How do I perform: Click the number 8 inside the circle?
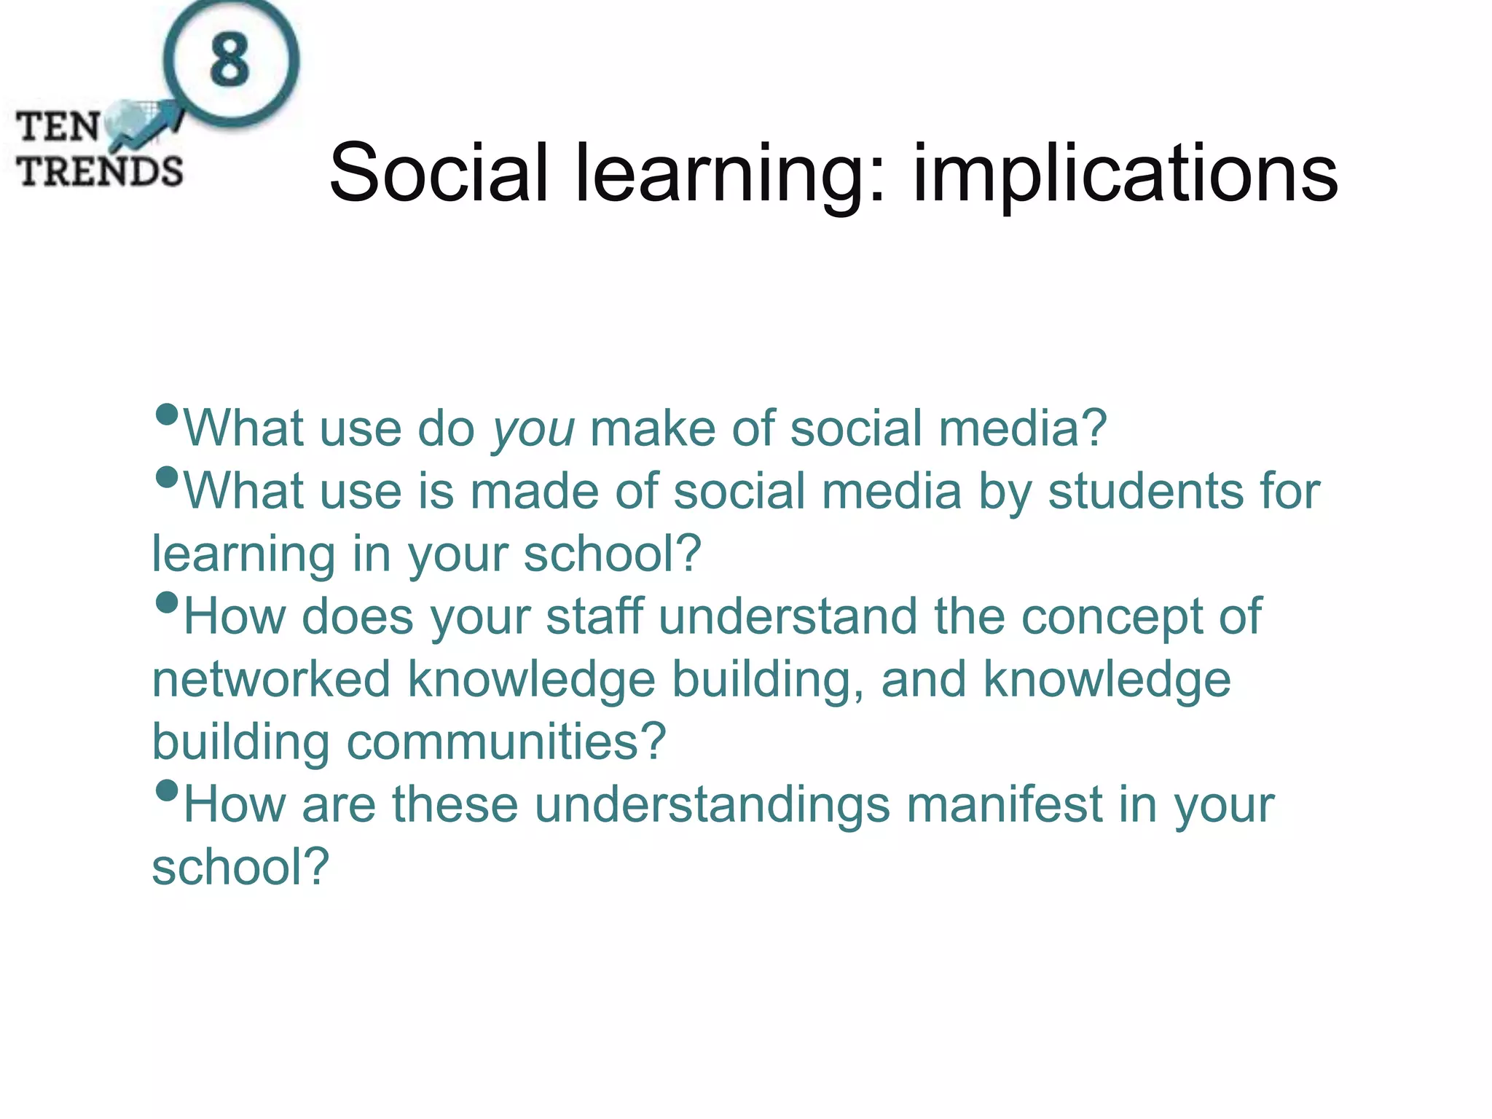click(x=230, y=60)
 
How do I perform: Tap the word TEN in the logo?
click(x=58, y=127)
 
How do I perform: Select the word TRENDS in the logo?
click(x=101, y=172)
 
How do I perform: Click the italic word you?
click(x=533, y=429)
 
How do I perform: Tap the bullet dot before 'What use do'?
click(x=167, y=415)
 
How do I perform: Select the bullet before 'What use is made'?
click(x=167, y=478)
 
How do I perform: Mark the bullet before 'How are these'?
click(x=167, y=790)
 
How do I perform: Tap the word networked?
click(x=272, y=680)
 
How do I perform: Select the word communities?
click(x=506, y=742)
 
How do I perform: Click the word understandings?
click(x=712, y=806)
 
